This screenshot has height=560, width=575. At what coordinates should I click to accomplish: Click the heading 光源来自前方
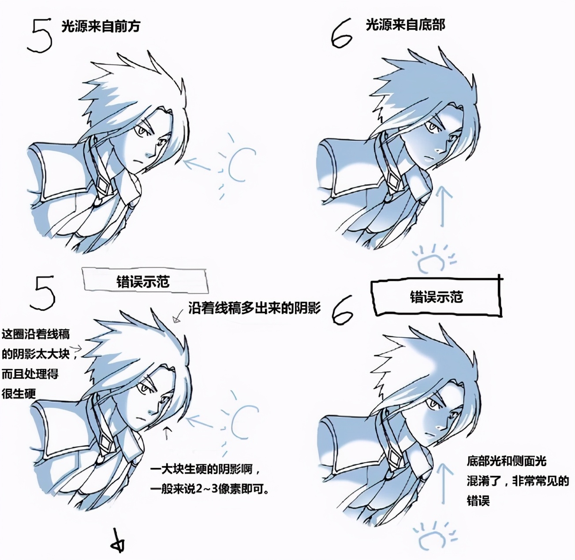[x=101, y=26]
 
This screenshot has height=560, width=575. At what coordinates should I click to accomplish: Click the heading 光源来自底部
[x=405, y=25]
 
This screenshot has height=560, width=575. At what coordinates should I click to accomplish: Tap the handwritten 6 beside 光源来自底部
[x=342, y=33]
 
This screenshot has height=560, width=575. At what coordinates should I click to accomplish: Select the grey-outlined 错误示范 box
[x=145, y=280]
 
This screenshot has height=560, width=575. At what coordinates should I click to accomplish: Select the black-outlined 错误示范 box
[x=437, y=297]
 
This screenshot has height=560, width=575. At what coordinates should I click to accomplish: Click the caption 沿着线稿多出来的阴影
[x=254, y=308]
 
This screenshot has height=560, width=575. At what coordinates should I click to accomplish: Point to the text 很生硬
[x=19, y=394]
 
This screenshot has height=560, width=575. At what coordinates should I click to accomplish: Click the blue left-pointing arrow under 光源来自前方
[x=197, y=164]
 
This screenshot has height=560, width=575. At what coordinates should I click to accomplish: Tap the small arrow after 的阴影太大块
[x=76, y=348]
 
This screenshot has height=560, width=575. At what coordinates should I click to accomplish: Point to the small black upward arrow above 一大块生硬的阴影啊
[x=167, y=432]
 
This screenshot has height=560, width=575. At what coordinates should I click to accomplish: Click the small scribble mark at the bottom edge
[x=118, y=545]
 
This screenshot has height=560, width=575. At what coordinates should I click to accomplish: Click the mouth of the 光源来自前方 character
[x=138, y=161]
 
